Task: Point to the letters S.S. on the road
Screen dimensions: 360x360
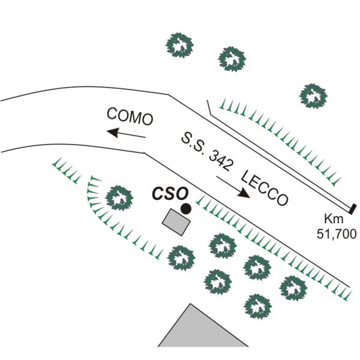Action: click(x=194, y=144)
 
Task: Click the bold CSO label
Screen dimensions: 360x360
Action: click(x=170, y=194)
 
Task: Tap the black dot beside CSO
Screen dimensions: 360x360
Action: click(x=187, y=209)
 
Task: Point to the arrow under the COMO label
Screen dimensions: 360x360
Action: click(x=125, y=133)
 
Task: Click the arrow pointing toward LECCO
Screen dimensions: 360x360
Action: click(x=233, y=187)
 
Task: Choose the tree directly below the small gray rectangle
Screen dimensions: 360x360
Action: click(x=181, y=259)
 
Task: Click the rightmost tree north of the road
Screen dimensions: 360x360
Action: click(x=313, y=94)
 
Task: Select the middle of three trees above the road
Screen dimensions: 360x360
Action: click(x=232, y=58)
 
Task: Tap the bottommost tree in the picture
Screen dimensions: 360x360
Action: click(x=258, y=307)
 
